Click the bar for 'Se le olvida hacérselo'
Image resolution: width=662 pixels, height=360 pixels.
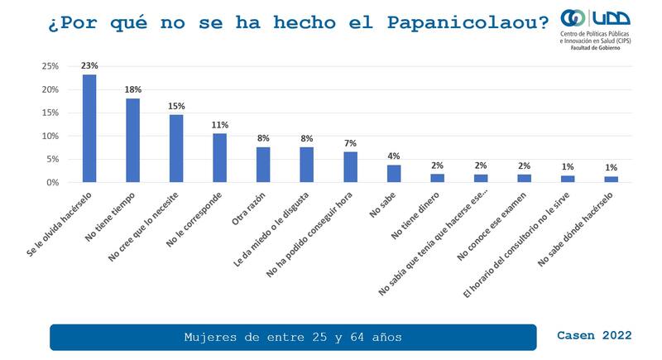point(89,128)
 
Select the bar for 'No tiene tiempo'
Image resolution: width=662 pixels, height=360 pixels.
point(132,140)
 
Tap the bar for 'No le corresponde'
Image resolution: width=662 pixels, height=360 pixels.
point(219,157)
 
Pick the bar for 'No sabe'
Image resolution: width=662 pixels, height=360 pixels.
point(394,174)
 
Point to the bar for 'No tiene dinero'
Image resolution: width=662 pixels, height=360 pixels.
point(438,178)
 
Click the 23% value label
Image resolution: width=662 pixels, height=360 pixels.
point(89,65)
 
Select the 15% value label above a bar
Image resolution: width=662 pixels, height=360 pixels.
point(176,106)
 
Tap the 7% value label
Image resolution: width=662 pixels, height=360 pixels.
point(350,143)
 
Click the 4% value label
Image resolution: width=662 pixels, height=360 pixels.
point(394,156)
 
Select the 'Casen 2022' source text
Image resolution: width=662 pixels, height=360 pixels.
point(594,335)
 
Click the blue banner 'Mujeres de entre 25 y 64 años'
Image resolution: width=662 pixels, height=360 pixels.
point(293,337)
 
